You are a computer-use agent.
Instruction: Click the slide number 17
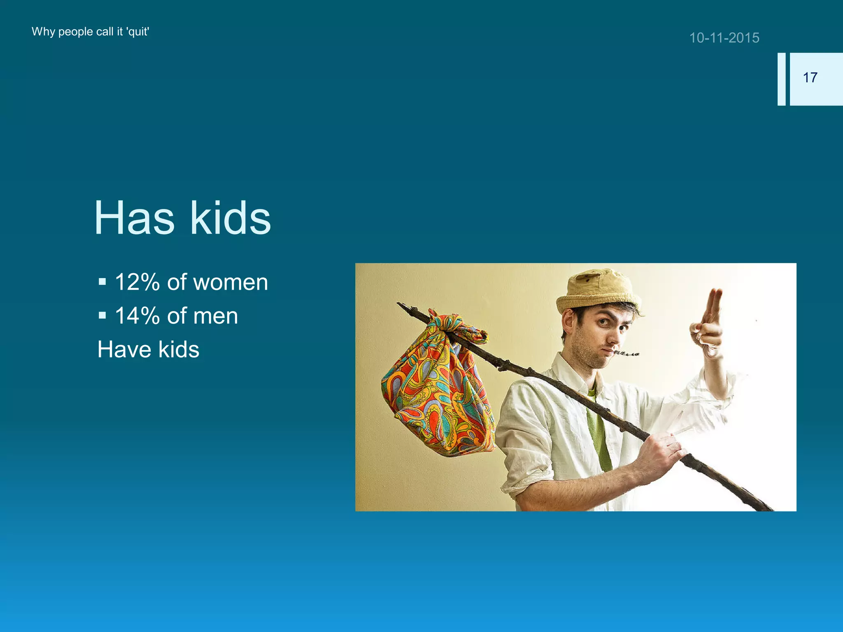coord(810,78)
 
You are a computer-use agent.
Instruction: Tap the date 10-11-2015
coord(724,38)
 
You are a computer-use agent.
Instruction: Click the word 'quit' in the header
coord(137,32)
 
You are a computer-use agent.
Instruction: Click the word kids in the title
coord(231,218)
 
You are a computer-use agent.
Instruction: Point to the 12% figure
coord(137,283)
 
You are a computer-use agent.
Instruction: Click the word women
coord(231,283)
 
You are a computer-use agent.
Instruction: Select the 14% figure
coord(137,316)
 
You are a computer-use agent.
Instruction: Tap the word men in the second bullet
coord(216,316)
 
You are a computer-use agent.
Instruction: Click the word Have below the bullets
coord(123,349)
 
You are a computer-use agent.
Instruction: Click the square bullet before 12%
coord(102,282)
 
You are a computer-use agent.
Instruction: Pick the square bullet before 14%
coord(102,316)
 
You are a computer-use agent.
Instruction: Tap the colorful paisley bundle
coord(438,395)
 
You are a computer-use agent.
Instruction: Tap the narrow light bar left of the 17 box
coord(781,79)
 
